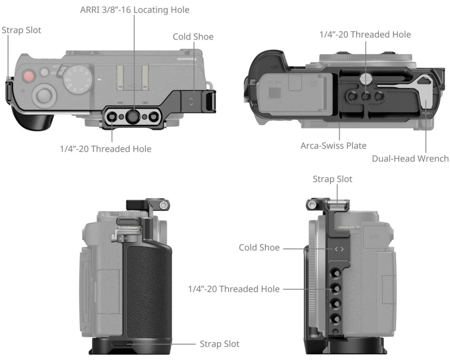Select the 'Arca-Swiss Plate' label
pos(333,146)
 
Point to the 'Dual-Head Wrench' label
pos(410,158)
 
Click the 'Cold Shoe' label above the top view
pos(193,36)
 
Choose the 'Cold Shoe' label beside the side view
pos(259,248)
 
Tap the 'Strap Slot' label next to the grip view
pos(220,344)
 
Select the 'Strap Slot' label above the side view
pos(333,179)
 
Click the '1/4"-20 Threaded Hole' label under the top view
pos(106,149)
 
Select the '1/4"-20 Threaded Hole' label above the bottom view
pos(365,34)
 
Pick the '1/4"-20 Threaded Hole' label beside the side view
pos(234,289)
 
